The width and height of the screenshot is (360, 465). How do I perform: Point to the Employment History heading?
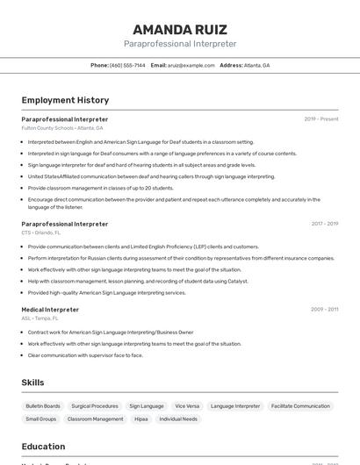point(65,100)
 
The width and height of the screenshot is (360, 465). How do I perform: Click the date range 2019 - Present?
point(321,118)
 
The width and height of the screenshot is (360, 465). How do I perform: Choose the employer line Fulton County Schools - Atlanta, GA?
point(62,128)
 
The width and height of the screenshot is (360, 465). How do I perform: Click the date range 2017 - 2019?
point(324,224)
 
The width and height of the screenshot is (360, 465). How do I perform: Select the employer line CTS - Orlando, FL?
point(41,233)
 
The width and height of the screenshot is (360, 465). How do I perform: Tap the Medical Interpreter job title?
point(50,310)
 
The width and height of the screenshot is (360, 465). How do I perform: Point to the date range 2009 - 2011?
point(324,310)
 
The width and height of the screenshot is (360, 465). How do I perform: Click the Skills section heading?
point(32,383)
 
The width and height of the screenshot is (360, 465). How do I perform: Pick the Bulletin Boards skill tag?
point(43,406)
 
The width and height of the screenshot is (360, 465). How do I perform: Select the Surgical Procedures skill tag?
point(95,406)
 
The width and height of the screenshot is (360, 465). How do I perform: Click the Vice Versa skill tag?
point(187,406)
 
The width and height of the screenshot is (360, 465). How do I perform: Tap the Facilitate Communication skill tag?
point(300,406)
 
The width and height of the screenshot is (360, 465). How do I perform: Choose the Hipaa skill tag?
point(141,419)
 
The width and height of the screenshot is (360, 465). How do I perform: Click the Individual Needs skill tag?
point(178,419)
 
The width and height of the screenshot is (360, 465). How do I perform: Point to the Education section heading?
point(43,447)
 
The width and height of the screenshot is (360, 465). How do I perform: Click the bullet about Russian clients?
point(181,258)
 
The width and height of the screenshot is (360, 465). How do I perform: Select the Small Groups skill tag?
point(41,419)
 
